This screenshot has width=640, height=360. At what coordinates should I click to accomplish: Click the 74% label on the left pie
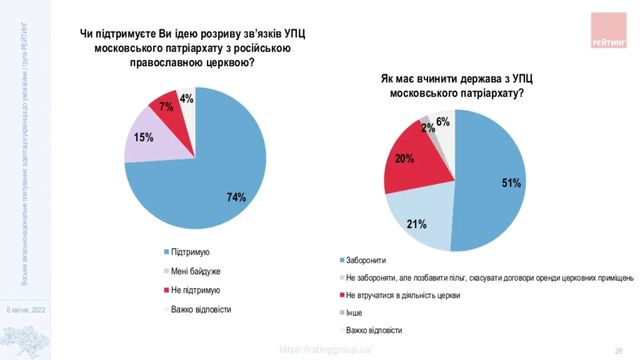tap(237, 197)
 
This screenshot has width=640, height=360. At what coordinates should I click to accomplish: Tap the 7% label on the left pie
tap(167, 106)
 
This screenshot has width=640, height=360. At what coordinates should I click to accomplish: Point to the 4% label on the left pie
tap(187, 99)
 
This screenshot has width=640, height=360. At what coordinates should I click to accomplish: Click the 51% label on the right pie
tap(512, 184)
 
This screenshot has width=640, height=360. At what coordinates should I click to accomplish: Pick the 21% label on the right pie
tap(417, 224)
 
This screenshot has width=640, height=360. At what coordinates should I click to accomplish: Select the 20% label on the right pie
tap(405, 159)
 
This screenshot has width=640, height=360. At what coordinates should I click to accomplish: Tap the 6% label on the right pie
tap(443, 121)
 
